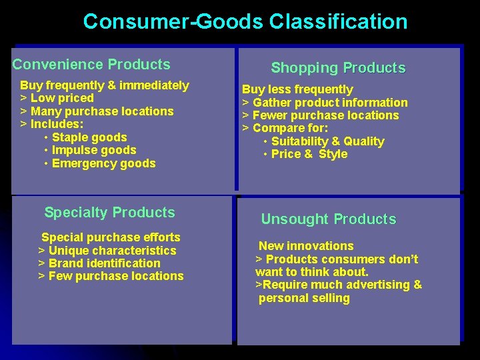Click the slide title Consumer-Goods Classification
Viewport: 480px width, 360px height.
pos(245,21)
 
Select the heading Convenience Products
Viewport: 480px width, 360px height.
pos(91,65)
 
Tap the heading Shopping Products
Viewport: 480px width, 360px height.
pos(338,68)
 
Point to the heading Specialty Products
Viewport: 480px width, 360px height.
pos(109,213)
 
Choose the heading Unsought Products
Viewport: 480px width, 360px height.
pos(328,219)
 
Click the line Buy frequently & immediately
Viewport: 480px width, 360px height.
pos(105,85)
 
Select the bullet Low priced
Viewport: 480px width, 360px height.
pos(61,98)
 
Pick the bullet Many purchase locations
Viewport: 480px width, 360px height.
pos(101,111)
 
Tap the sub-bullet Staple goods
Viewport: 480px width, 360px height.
pos(89,137)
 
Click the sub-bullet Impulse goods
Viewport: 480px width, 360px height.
pos(93,151)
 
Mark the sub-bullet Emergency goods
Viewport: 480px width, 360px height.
pos(103,163)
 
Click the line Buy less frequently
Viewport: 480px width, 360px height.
pos(297,89)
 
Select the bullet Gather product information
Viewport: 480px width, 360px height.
pos(329,103)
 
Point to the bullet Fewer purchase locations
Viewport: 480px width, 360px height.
pos(325,115)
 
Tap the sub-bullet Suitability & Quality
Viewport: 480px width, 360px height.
pos(327,141)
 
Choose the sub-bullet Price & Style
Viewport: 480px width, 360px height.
pos(309,154)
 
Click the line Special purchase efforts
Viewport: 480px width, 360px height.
pos(111,237)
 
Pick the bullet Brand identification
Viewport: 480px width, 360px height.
pos(104,263)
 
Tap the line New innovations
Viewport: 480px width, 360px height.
pos(306,246)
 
